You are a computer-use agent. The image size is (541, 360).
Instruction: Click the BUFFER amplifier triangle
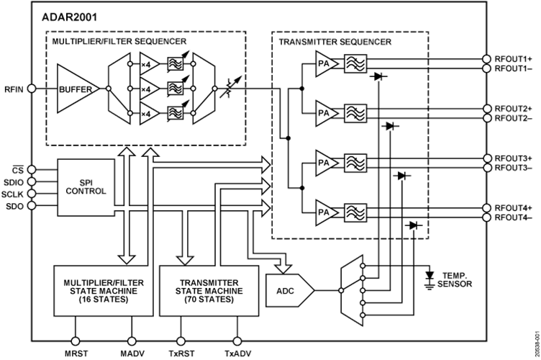(76, 89)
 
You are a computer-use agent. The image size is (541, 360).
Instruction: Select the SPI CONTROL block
(86, 187)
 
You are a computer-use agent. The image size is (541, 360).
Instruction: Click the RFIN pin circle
(32, 89)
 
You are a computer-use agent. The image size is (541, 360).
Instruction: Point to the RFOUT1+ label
(513, 59)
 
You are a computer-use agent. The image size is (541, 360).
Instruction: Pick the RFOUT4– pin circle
(486, 217)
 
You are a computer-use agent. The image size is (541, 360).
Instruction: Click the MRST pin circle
(75, 341)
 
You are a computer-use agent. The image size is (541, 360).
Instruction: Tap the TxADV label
(237, 354)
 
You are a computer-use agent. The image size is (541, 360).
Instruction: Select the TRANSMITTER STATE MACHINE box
(209, 291)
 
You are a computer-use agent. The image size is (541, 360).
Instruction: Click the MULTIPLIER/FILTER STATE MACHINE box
(104, 291)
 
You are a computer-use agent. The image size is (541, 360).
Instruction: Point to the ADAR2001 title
(69, 17)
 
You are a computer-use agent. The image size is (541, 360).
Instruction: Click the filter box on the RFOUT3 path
(355, 163)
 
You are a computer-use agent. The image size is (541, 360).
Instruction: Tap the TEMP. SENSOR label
(455, 280)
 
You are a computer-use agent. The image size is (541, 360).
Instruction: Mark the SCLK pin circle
(32, 193)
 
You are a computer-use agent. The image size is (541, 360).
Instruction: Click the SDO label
(15, 207)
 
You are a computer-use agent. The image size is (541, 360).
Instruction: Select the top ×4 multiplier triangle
(149, 64)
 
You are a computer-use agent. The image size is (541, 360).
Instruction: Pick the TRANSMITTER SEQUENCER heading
(335, 42)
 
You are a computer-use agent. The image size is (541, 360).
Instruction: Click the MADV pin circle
(132, 341)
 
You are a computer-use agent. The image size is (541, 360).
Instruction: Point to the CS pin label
(17, 170)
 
